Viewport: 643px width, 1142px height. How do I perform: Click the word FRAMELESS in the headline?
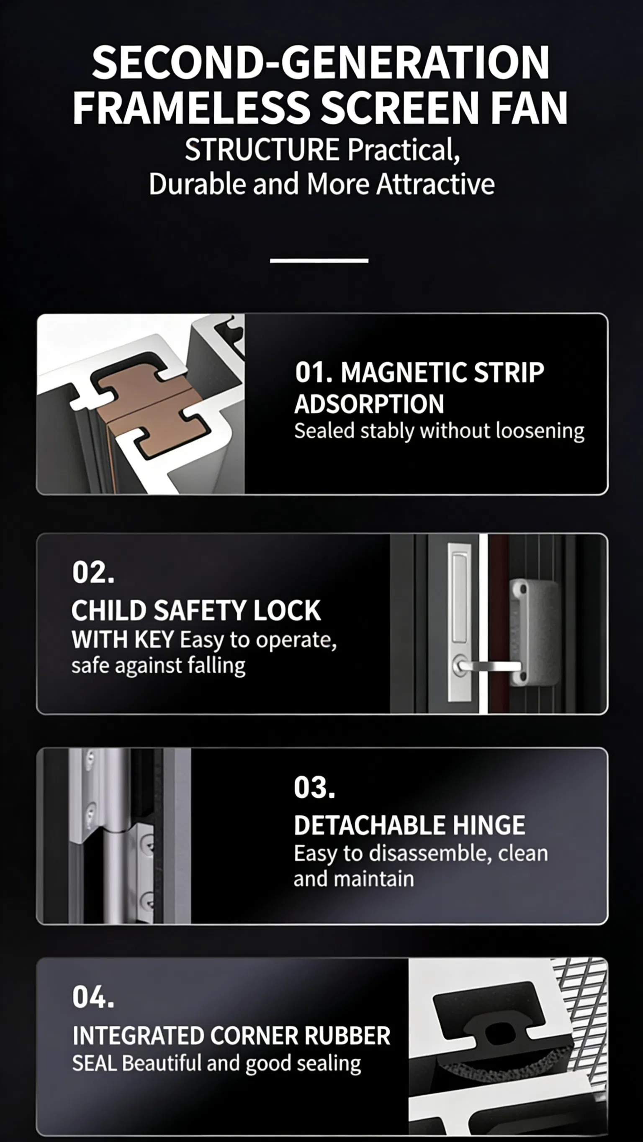click(x=190, y=108)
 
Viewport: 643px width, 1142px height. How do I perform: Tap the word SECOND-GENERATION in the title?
click(x=320, y=63)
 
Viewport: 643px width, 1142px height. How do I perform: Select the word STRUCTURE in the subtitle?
click(x=262, y=150)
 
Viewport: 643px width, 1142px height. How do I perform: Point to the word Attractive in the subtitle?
click(x=435, y=184)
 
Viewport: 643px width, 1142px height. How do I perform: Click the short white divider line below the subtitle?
click(x=319, y=261)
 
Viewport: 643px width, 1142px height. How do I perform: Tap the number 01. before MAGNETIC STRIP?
click(x=314, y=372)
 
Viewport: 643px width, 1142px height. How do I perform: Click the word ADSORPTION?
click(x=369, y=404)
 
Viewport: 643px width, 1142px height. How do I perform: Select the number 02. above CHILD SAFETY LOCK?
click(x=93, y=572)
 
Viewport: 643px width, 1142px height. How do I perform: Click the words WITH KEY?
click(x=123, y=640)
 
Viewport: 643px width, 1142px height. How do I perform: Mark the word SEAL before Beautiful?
click(x=95, y=1063)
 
